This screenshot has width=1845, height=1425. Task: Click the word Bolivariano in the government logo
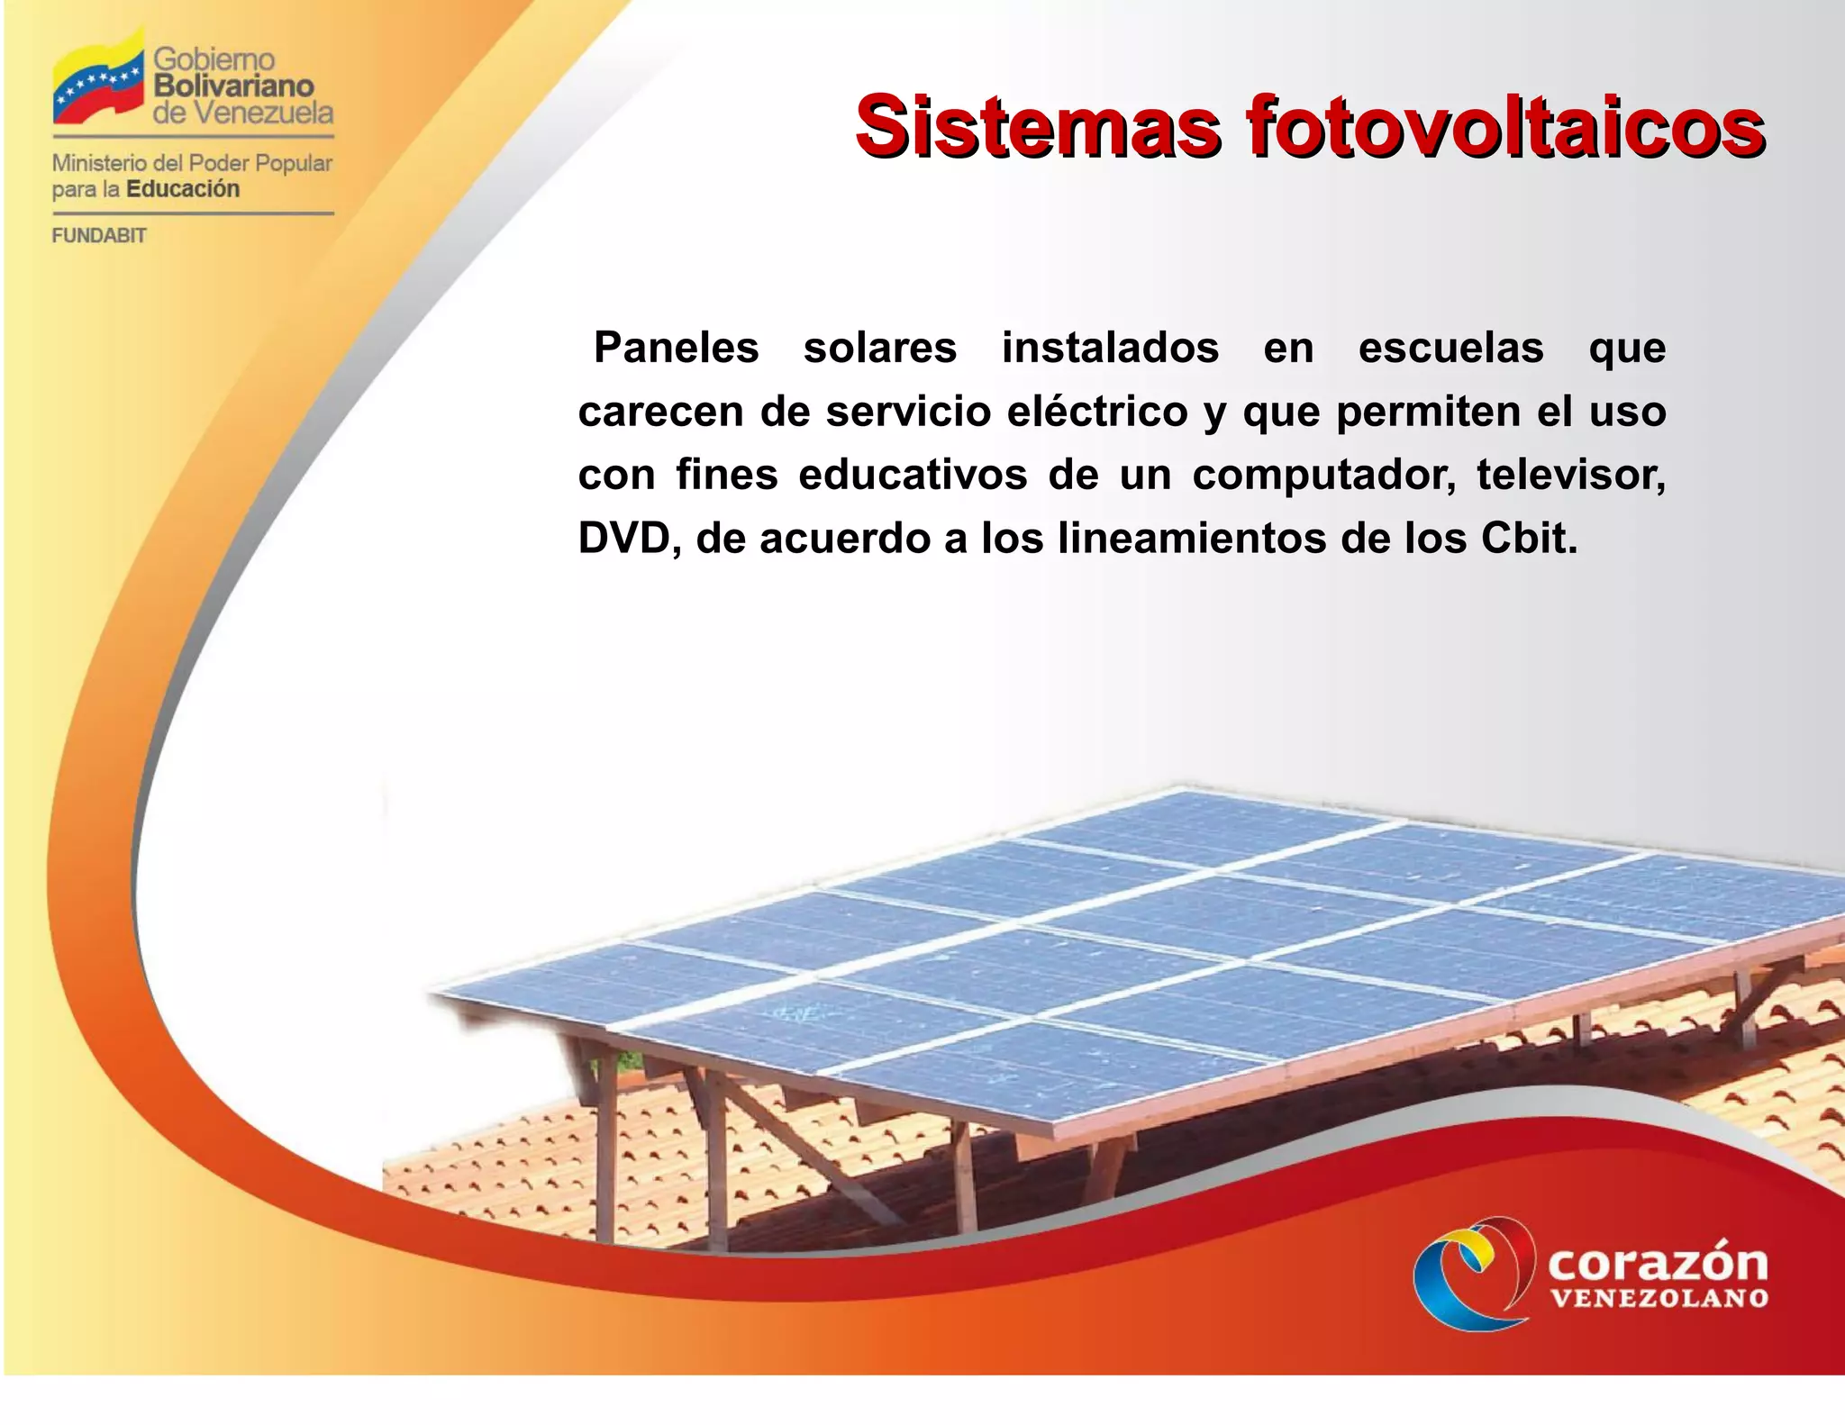pos(234,86)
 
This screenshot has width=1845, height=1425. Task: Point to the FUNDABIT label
pos(99,236)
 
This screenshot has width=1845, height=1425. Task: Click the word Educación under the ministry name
pos(183,189)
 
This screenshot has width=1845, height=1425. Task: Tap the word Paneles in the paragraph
pos(677,348)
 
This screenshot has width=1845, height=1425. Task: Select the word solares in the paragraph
pos(880,348)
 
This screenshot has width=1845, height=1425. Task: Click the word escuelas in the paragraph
pos(1450,348)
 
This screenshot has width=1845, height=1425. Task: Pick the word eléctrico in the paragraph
pos(1097,412)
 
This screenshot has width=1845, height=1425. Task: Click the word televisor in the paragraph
pos(1571,476)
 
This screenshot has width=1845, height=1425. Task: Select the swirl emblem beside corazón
pos(1474,1272)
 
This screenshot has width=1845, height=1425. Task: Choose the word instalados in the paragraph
pos(1110,348)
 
